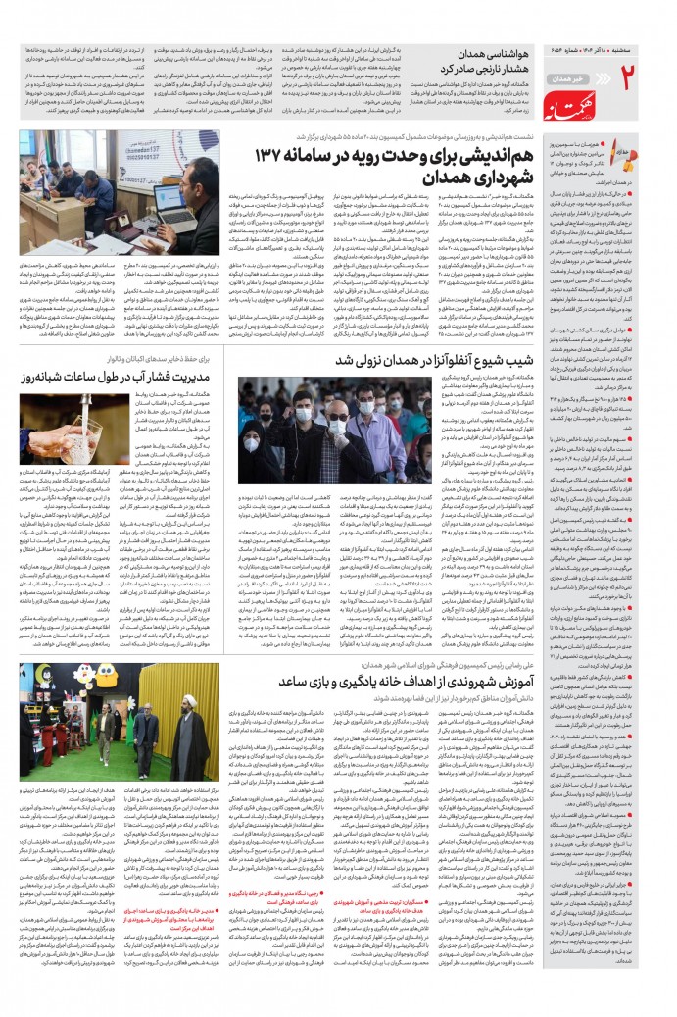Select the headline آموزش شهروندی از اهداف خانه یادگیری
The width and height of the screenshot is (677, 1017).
click(x=397, y=682)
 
